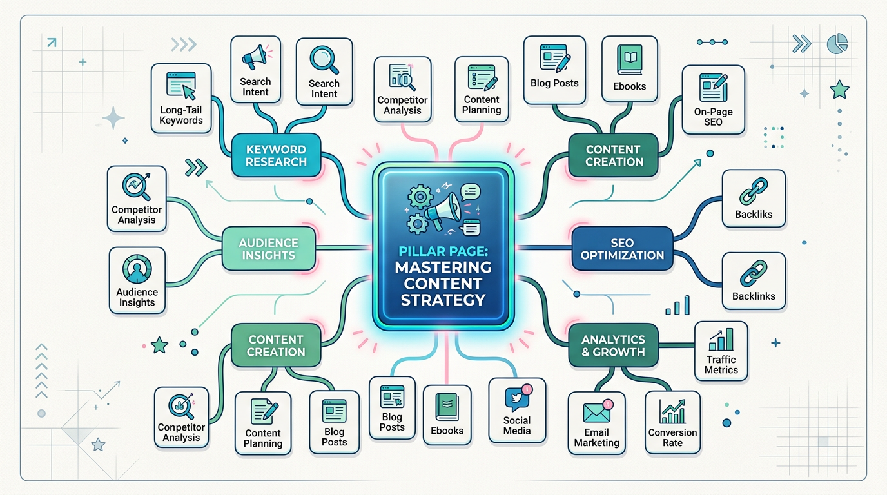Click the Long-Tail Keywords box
click(181, 99)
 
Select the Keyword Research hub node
click(276, 155)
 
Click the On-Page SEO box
click(713, 103)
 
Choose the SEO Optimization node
click(622, 248)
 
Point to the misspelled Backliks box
click(754, 199)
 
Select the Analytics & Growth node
click(613, 345)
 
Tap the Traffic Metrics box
click(721, 351)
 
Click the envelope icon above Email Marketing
click(596, 413)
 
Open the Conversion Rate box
click(672, 423)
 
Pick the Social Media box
click(517, 410)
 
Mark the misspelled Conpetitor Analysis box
click(181, 417)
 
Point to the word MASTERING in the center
click(443, 267)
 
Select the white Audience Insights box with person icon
click(137, 280)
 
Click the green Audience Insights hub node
click(268, 249)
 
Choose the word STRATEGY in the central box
click(443, 300)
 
